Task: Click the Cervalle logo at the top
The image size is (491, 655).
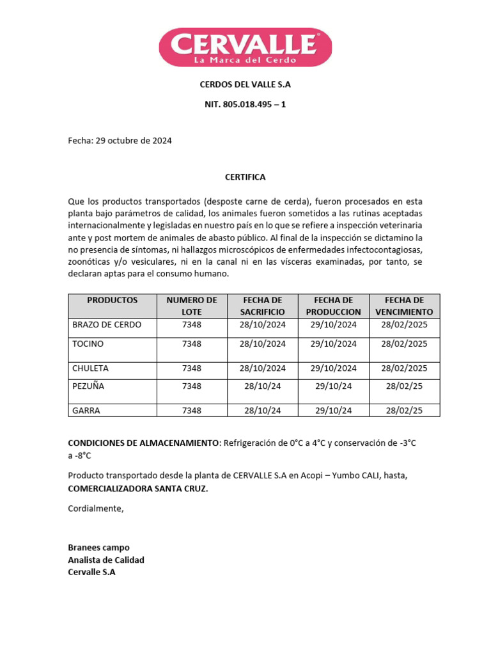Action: coord(245,47)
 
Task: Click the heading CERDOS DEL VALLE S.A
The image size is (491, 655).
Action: coord(245,84)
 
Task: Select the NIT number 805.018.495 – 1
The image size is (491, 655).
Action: coord(245,104)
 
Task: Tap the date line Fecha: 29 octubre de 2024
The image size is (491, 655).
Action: coord(120,141)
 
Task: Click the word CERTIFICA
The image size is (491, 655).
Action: coord(245,177)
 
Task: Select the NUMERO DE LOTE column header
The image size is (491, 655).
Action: coord(192,306)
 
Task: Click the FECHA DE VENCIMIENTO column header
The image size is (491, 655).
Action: coord(404,306)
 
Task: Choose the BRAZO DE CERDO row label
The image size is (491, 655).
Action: coord(107,325)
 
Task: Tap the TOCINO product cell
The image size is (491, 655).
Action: coord(88,344)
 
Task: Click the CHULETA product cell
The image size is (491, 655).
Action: coord(91,368)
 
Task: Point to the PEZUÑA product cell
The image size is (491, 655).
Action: coord(88,386)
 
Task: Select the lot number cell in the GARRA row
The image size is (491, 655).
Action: coord(192,411)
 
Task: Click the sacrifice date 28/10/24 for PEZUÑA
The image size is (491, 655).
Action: coord(263,386)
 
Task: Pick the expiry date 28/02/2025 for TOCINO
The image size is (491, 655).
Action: coord(404,344)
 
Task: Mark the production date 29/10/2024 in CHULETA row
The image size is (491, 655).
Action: coord(334,368)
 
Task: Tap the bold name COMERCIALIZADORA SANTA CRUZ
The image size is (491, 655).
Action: coord(138,489)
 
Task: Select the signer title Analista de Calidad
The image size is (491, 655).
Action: coord(106,560)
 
